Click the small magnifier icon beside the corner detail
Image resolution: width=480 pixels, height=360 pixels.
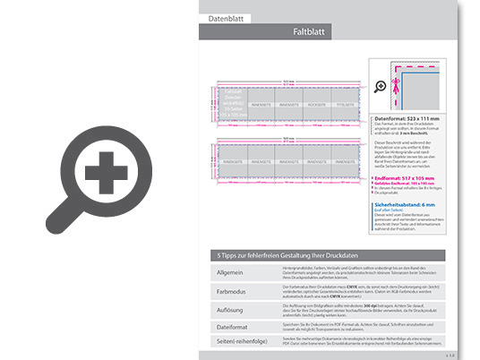(x=380, y=86)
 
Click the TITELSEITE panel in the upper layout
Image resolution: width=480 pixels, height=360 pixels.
(x=344, y=104)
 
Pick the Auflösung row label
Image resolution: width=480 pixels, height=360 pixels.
(x=226, y=309)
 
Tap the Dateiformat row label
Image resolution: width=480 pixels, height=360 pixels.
(x=227, y=327)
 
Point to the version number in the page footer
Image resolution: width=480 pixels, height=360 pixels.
(x=450, y=355)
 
